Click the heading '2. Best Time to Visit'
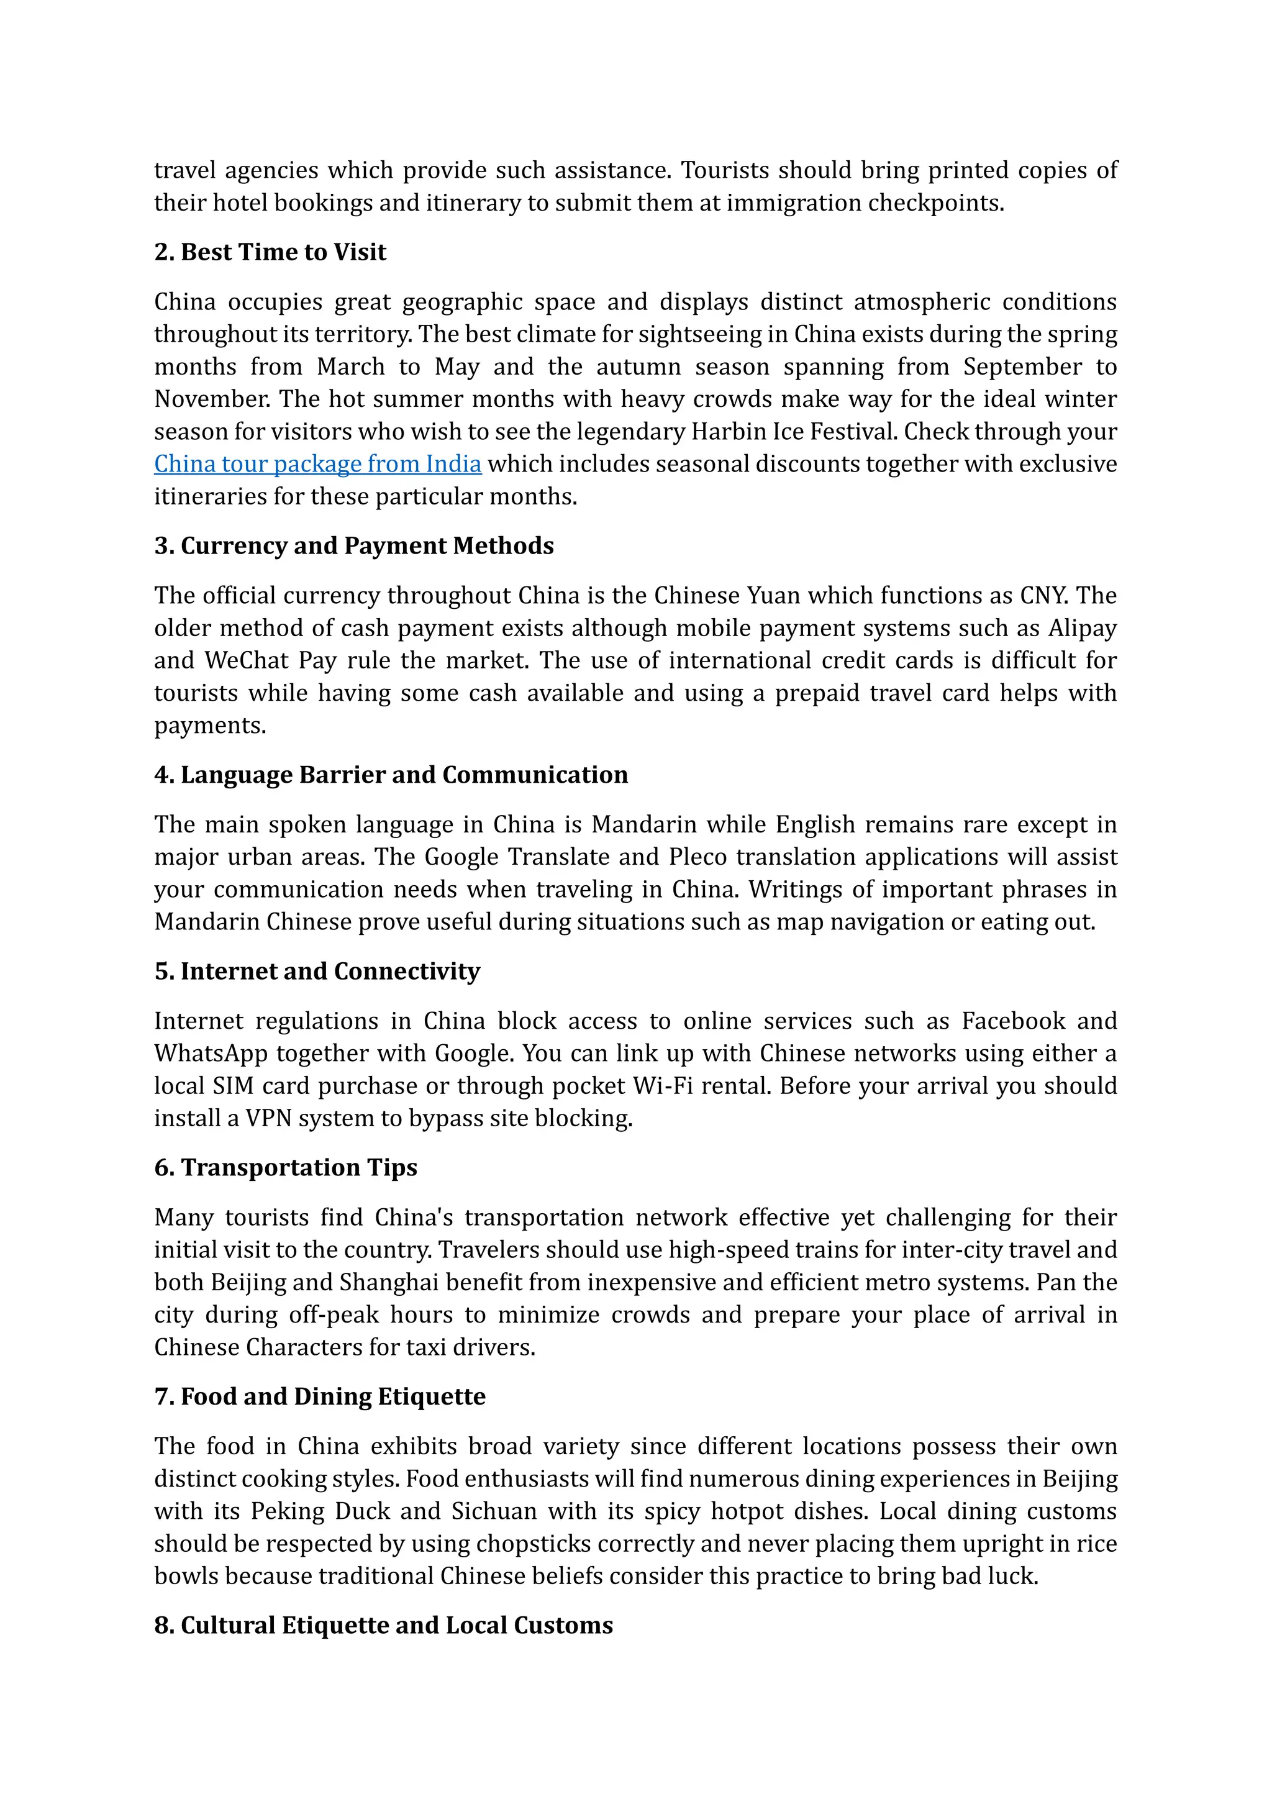pyautogui.click(x=270, y=252)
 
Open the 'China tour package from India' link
pyautogui.click(x=317, y=464)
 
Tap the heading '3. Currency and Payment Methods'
pyautogui.click(x=354, y=546)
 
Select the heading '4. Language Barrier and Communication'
pyautogui.click(x=391, y=775)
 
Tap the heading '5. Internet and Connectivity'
pyautogui.click(x=317, y=972)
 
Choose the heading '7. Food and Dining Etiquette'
pyautogui.click(x=320, y=1397)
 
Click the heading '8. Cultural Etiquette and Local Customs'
pyautogui.click(x=384, y=1626)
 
